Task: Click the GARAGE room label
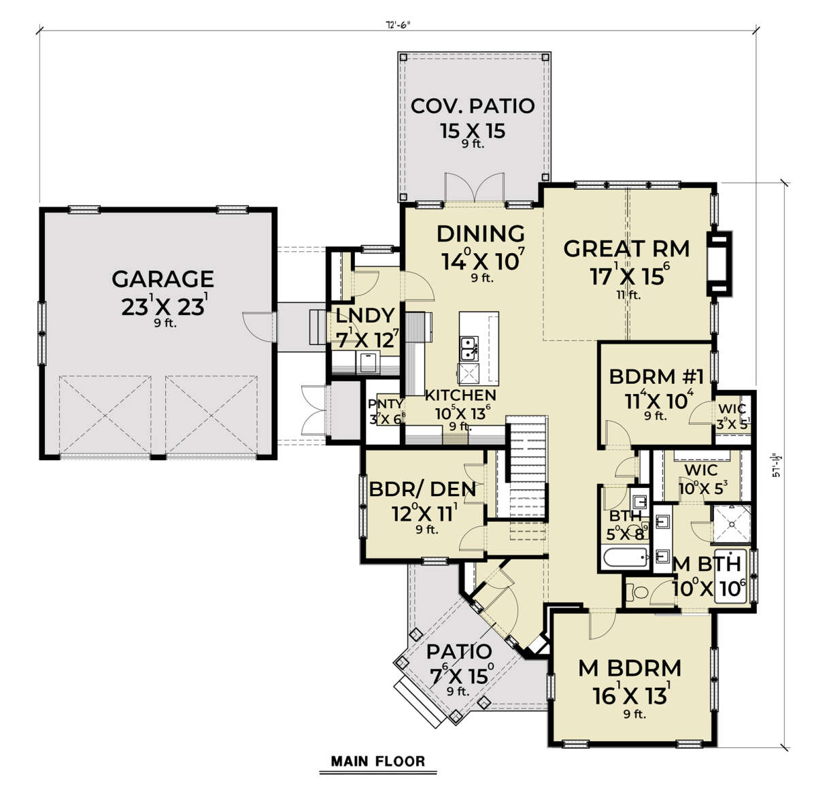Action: (163, 279)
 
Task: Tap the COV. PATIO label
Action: (473, 106)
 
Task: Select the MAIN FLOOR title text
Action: (377, 761)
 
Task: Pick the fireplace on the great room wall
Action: (719, 264)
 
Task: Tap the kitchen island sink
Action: (468, 349)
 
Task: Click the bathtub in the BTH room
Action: (624, 559)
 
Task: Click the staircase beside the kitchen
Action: (528, 463)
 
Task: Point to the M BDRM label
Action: (630, 668)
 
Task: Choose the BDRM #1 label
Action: (651, 376)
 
